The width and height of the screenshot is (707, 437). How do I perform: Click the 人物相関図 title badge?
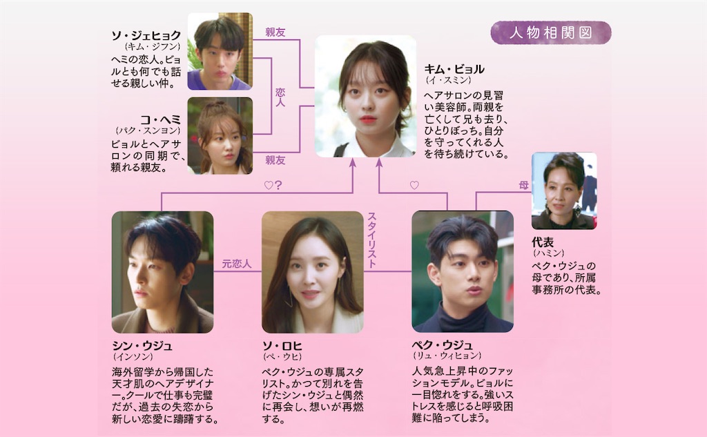point(550,33)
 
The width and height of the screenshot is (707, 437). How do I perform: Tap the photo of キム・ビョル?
point(366,96)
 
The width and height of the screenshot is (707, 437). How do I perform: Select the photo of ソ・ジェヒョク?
point(220,51)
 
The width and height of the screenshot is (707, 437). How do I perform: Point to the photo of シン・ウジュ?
point(162,272)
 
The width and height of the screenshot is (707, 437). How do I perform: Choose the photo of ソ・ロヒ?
point(313,272)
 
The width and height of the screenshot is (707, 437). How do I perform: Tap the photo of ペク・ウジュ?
point(462,272)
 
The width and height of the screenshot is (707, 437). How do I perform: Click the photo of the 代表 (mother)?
point(564,191)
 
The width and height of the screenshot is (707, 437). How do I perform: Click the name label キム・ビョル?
point(454,69)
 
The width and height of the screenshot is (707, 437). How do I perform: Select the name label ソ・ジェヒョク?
point(146,35)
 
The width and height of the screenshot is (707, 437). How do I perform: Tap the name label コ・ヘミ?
point(159,119)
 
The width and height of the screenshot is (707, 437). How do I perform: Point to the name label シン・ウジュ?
point(142,345)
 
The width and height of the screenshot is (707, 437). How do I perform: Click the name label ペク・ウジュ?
point(442,345)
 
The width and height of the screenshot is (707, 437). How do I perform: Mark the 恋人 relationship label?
point(280,96)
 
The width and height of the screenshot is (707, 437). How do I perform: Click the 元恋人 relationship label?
point(237,263)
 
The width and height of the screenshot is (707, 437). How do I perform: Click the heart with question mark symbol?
point(273,185)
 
